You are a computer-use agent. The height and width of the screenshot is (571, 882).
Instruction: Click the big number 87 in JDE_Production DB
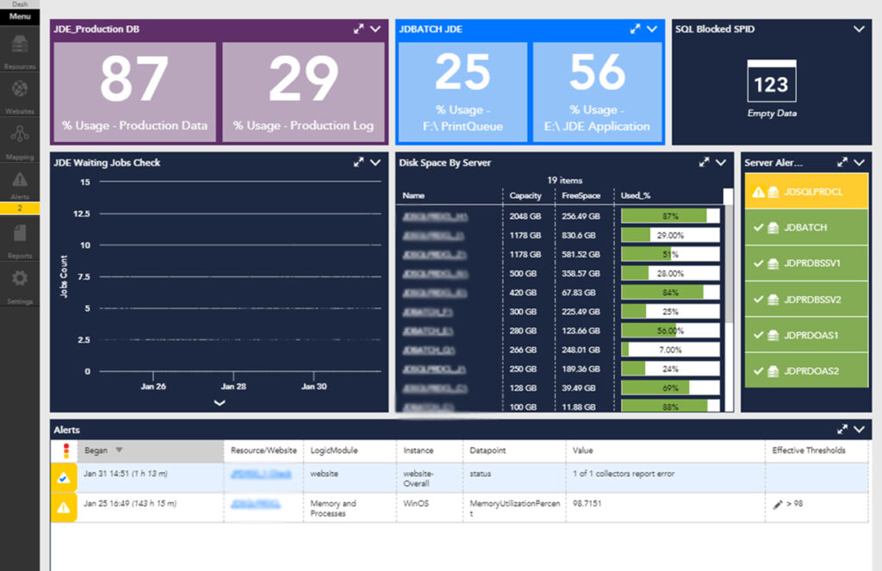[134, 80]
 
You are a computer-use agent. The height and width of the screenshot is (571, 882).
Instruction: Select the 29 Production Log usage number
[303, 80]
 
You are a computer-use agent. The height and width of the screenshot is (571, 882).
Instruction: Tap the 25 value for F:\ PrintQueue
[463, 72]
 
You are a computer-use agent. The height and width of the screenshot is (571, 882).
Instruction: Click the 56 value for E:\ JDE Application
[597, 72]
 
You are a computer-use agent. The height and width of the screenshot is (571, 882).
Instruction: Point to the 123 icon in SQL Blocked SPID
[771, 84]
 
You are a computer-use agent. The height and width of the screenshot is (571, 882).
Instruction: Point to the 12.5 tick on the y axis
[79, 214]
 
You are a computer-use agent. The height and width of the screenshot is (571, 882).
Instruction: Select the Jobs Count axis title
[64, 276]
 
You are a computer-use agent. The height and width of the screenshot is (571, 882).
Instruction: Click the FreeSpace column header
[581, 196]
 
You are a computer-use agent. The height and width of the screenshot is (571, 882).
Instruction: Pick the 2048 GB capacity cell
[525, 216]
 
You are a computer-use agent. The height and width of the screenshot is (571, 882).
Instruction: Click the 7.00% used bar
[669, 350]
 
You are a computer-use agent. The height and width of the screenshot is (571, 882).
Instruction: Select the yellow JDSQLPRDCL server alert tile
[805, 192]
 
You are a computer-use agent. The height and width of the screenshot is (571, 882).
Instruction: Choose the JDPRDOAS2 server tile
[805, 371]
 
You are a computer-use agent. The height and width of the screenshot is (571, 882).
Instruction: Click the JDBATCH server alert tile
[805, 227]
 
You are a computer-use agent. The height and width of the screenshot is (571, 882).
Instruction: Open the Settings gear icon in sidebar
[19, 279]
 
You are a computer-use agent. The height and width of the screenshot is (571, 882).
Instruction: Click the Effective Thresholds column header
[808, 450]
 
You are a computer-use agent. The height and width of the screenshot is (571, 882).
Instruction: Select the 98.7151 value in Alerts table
[587, 504]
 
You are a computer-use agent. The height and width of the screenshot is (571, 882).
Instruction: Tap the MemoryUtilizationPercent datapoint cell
[514, 504]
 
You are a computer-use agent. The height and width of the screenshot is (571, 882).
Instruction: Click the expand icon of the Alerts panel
[842, 429]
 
